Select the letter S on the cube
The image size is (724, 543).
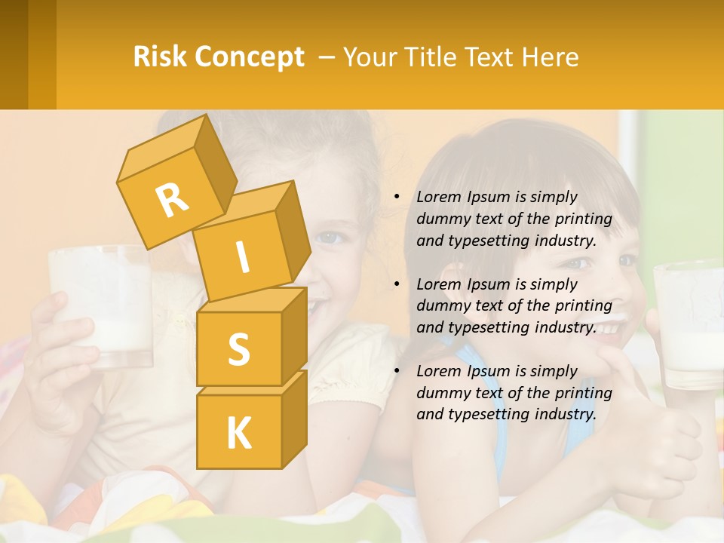[x=238, y=349]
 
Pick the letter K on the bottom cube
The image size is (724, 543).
[x=238, y=433]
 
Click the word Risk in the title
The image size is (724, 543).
[x=160, y=57]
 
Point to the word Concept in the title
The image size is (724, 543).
[x=249, y=57]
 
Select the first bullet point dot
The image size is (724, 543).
[x=397, y=198]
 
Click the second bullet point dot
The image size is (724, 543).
[x=397, y=284]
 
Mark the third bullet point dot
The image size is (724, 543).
[x=397, y=371]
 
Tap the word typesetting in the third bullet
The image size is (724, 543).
[x=483, y=414]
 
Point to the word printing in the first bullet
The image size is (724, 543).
[x=587, y=219]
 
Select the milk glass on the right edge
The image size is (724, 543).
[x=689, y=324]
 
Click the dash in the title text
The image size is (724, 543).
[x=329, y=57]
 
